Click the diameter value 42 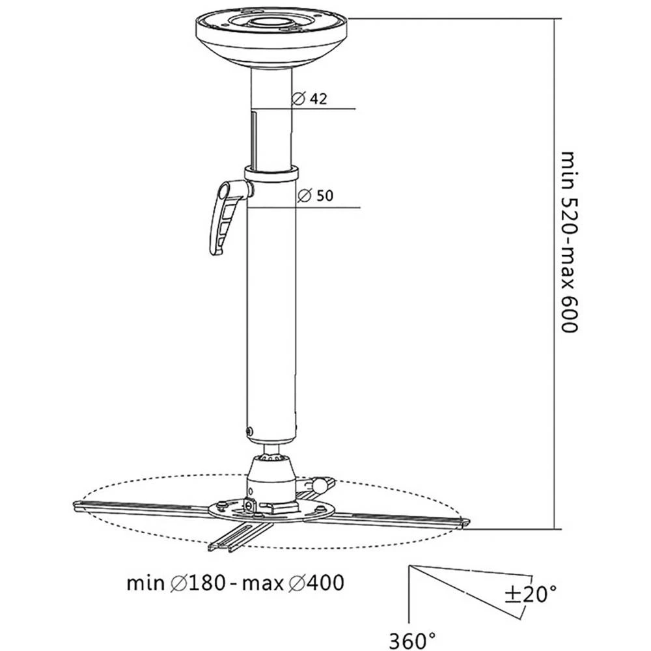click(318, 99)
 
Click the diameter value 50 click(325, 197)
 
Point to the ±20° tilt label click(531, 594)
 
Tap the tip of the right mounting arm click(464, 522)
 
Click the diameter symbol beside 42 click(299, 99)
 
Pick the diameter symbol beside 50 click(303, 197)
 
